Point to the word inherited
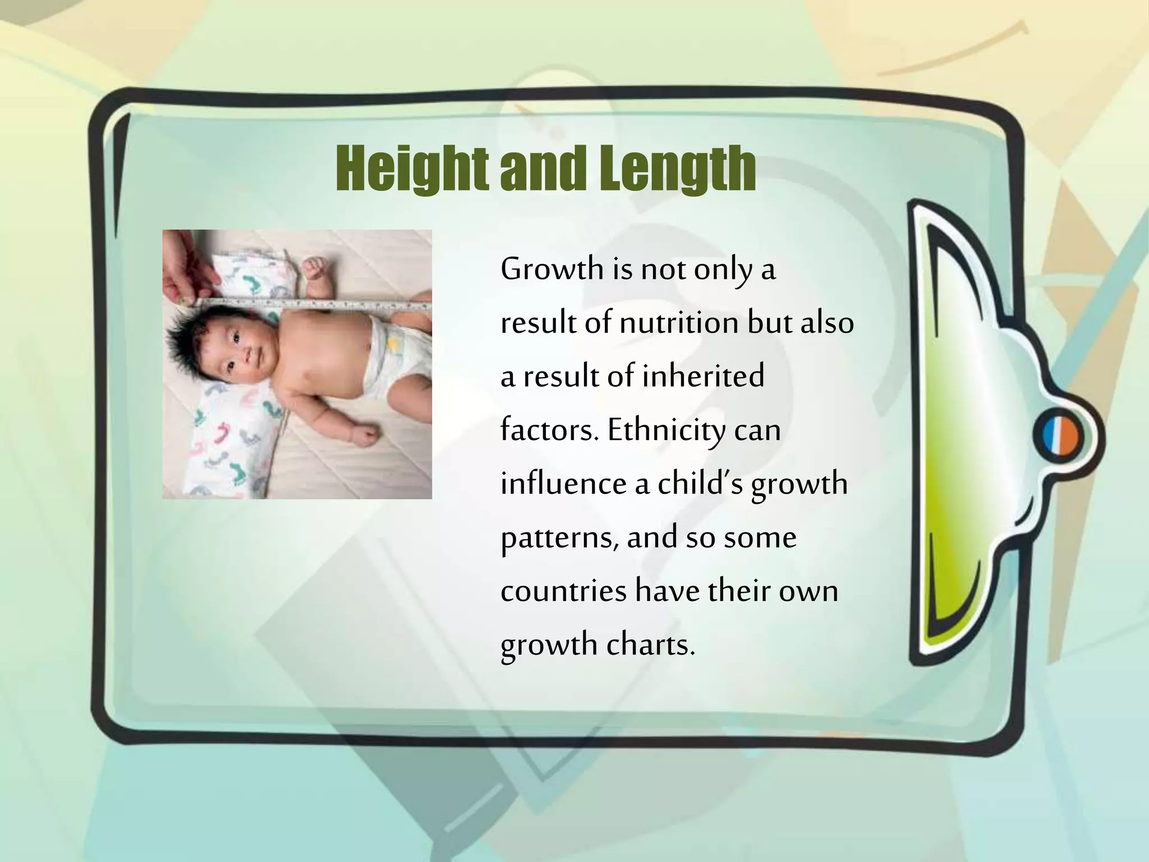[702, 376]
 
